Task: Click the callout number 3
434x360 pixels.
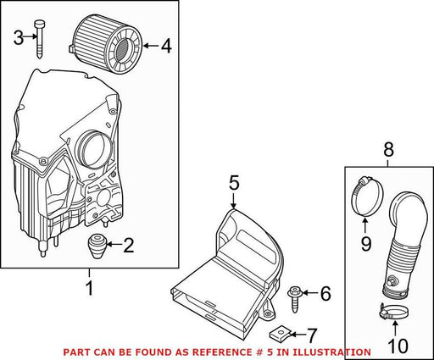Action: point(19,38)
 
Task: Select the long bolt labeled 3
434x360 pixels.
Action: point(39,39)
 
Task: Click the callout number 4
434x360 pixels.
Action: point(166,46)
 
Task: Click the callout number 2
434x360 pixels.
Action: point(128,246)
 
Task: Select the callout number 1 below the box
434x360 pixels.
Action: point(89,288)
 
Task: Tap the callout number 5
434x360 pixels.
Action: point(234,183)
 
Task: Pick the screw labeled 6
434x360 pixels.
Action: point(295,299)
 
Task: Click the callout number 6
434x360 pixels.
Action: point(325,293)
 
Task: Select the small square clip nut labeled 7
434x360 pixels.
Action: point(277,333)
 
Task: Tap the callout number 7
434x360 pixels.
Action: point(311,335)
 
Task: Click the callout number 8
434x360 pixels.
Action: point(388,150)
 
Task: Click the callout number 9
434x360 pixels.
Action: point(366,244)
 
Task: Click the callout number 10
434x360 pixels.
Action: point(398,346)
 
